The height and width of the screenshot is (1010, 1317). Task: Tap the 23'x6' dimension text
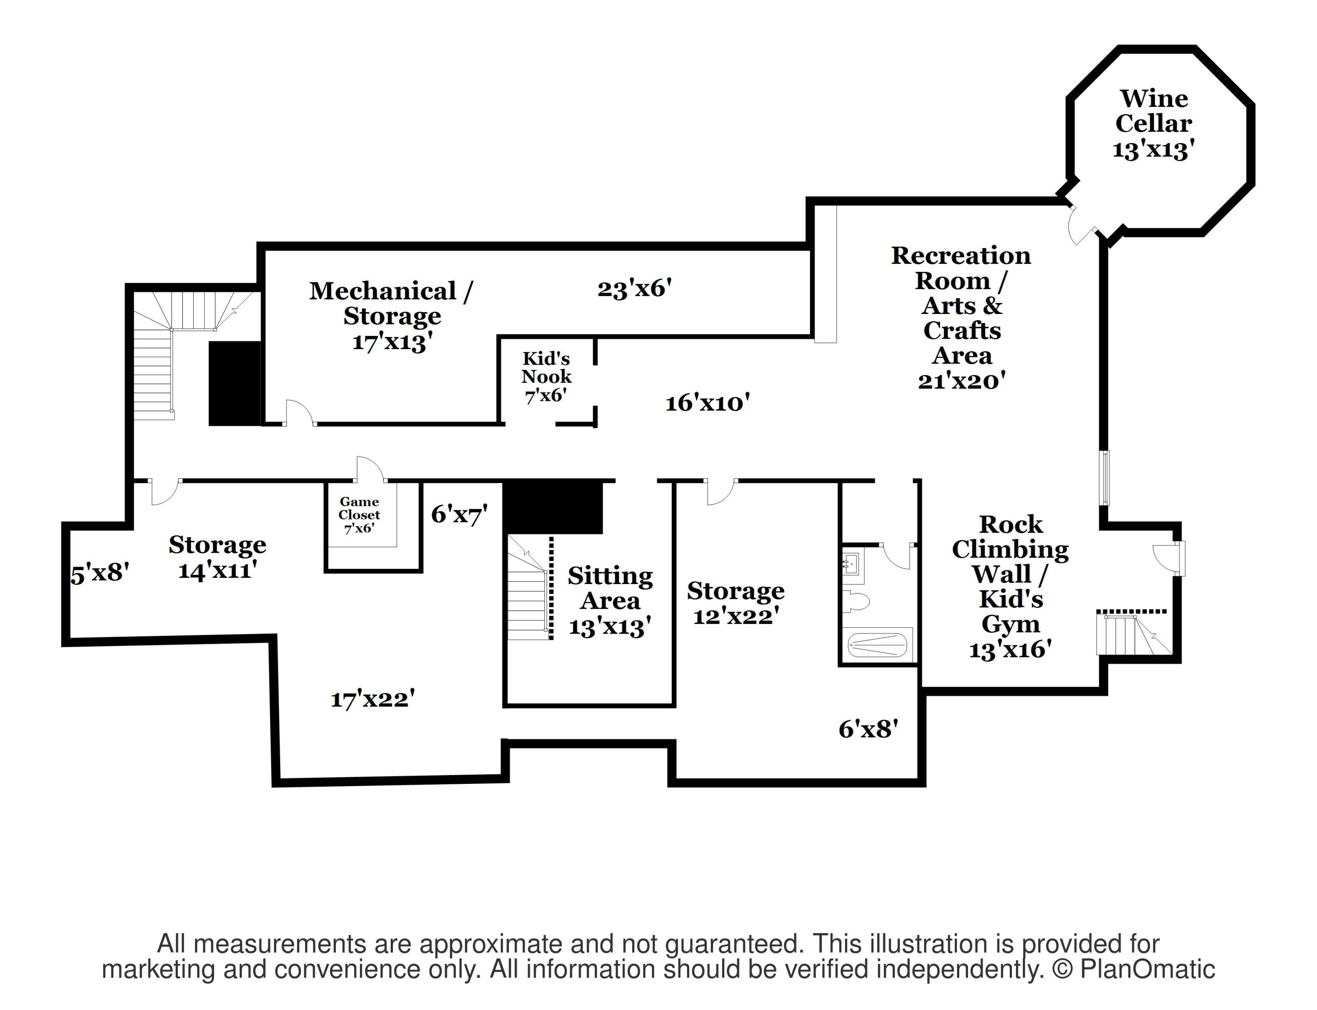pyautogui.click(x=634, y=289)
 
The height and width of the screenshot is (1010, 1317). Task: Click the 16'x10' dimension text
pyautogui.click(x=708, y=403)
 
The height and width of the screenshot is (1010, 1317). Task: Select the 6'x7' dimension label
pyautogui.click(x=459, y=514)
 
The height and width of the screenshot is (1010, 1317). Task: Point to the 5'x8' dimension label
pyautogui.click(x=100, y=573)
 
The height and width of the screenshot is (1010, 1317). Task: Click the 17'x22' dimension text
pyautogui.click(x=373, y=699)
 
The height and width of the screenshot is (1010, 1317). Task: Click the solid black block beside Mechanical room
pyautogui.click(x=234, y=383)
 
